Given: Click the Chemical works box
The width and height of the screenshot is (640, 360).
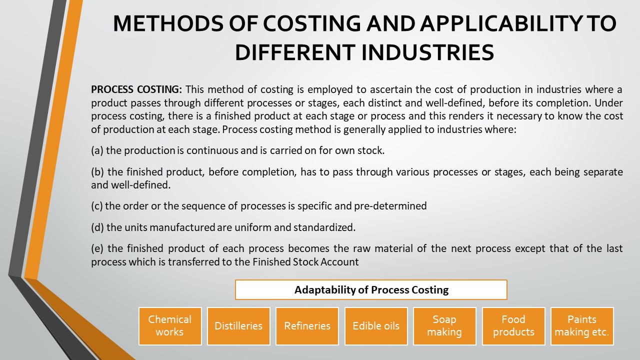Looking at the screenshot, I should pos(170,325).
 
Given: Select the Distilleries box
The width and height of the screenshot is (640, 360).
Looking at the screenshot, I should pos(238,326).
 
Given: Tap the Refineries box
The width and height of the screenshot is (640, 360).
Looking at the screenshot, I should pos(307,326).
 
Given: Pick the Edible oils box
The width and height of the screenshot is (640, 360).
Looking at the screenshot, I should pos(376,326).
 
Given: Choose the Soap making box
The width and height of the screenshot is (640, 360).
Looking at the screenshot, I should pos(444,325).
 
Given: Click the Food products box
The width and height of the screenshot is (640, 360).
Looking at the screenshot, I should pos(513,325).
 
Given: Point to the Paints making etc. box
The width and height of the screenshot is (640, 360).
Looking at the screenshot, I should pos(582,325).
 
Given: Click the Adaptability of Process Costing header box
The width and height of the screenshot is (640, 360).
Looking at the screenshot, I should pos(371,289).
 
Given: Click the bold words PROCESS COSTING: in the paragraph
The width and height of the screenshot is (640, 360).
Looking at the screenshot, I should pos(136,90).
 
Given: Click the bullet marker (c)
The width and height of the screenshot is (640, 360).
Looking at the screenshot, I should pos(97,205).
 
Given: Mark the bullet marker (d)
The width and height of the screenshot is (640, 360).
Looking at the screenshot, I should pos(97,227).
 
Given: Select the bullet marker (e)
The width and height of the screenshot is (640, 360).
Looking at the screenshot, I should pos(97,249).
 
